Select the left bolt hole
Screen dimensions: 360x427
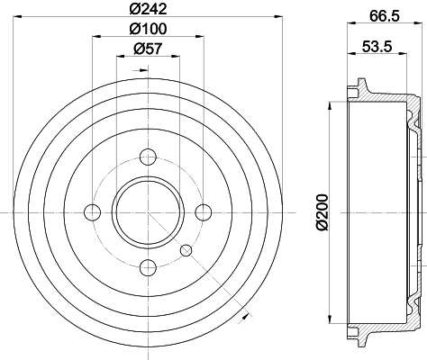92,211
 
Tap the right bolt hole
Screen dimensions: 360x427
203,211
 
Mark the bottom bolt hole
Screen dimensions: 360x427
147,266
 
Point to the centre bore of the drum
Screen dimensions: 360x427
147,211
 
